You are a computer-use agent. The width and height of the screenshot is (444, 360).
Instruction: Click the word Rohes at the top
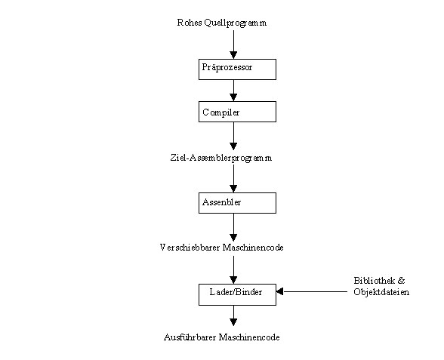[189, 23]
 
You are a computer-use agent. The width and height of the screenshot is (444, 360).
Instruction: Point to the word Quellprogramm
[236, 23]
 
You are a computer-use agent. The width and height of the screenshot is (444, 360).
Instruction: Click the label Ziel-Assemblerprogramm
[221, 158]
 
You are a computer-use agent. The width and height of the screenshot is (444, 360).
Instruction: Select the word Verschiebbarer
[190, 248]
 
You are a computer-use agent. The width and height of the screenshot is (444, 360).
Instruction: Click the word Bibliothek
[375, 281]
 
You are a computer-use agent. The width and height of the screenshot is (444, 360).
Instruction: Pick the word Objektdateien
[381, 292]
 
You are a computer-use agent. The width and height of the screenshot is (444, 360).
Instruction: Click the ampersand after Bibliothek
[401, 281]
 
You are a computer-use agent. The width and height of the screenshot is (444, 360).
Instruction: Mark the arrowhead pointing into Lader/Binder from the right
[279, 291]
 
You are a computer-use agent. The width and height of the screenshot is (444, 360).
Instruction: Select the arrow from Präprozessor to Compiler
[233, 91]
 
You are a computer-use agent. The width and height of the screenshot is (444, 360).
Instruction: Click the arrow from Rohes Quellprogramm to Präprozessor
[233, 45]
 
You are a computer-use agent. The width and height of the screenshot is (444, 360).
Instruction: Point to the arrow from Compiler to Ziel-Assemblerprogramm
[233, 136]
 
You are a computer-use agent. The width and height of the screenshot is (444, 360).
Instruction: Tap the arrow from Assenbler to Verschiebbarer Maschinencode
[233, 227]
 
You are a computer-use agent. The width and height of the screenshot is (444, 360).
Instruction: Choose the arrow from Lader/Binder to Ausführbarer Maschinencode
[233, 315]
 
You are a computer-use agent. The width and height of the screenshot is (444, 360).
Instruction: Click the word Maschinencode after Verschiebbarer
[253, 248]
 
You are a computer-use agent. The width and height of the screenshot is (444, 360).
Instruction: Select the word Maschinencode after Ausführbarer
[250, 337]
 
